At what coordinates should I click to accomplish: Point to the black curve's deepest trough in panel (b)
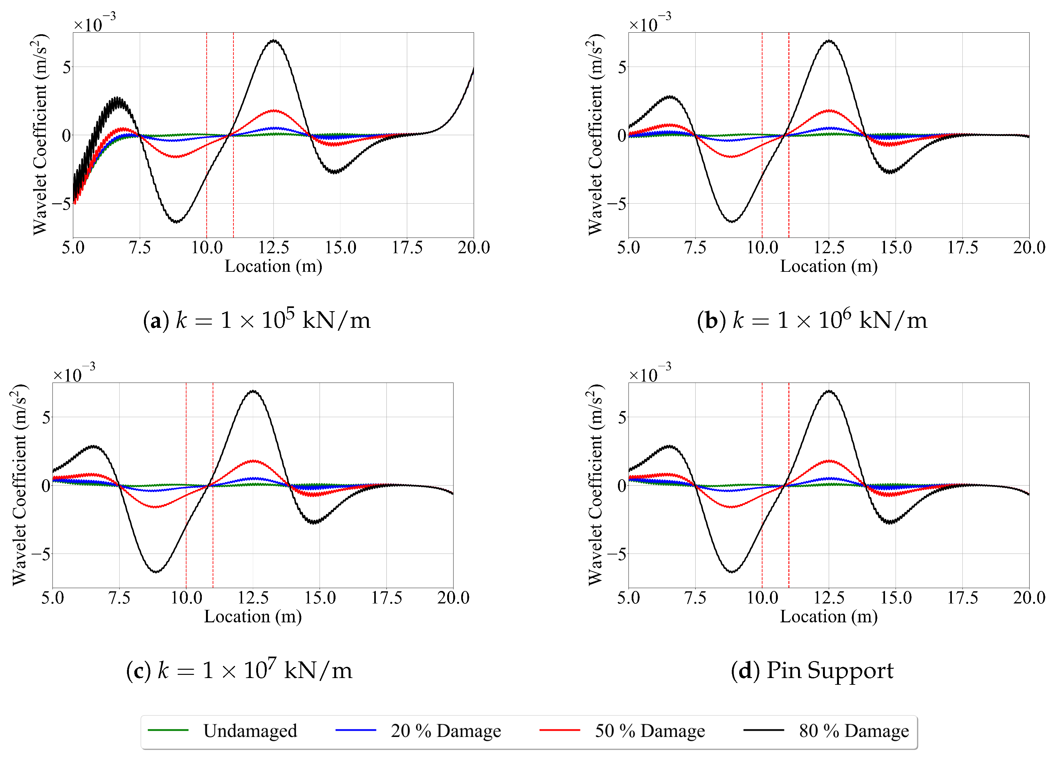[731, 222]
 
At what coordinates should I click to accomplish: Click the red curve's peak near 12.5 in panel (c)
[254, 461]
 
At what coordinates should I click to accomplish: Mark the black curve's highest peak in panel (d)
[829, 391]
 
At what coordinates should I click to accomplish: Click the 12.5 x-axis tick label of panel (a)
[273, 247]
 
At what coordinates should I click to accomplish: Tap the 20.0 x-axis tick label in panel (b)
[1029, 247]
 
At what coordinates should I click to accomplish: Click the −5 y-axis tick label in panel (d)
[617, 554]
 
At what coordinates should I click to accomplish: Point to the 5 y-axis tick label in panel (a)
[67, 68]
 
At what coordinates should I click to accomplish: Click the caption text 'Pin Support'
[829, 670]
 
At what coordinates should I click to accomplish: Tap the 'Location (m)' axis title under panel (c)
[253, 617]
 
